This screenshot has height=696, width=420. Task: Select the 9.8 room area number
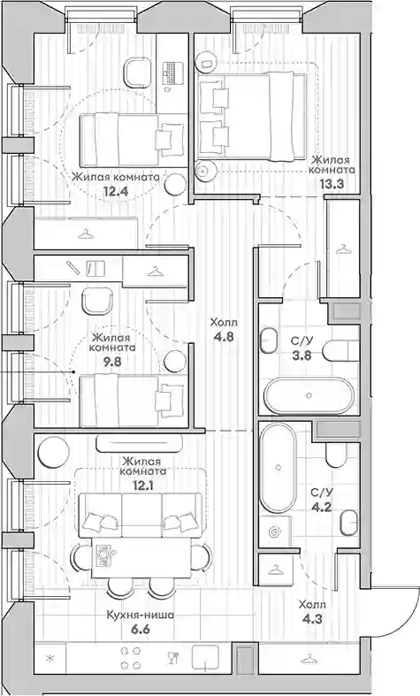tap(112, 361)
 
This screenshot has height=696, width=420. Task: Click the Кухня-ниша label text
tap(140, 616)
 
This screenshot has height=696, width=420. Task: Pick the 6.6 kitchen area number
tap(140, 630)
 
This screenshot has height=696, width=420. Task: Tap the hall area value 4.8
tap(224, 336)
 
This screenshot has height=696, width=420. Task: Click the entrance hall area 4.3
tap(311, 619)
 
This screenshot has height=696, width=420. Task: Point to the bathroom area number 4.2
tap(321, 507)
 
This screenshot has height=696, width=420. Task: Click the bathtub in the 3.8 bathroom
tap(309, 395)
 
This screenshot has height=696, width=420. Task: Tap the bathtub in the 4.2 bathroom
tap(278, 468)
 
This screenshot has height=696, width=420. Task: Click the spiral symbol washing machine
tap(276, 532)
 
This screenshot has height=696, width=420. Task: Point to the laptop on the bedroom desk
tap(172, 73)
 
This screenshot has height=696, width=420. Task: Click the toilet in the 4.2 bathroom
tap(336, 455)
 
